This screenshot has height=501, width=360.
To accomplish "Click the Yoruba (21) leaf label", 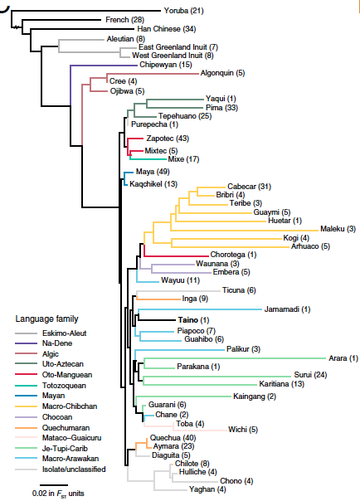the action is (x=183, y=11).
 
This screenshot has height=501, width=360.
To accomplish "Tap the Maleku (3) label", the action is (x=338, y=229).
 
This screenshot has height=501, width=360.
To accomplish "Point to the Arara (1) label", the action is (x=343, y=358).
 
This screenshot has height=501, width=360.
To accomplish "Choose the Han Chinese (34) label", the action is (x=167, y=29).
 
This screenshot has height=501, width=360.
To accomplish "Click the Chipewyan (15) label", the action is (x=166, y=65).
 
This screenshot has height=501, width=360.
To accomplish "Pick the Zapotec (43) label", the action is (x=168, y=139).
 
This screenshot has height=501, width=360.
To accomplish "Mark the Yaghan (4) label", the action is (x=207, y=489).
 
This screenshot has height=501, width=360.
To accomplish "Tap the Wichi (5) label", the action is (x=243, y=430).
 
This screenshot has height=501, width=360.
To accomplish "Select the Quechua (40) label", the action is (x=173, y=438).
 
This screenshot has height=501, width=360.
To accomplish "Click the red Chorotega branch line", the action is (x=176, y=256).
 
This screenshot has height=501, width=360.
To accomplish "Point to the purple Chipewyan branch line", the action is (x=104, y=66).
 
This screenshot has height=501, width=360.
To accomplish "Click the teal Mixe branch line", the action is (x=148, y=158).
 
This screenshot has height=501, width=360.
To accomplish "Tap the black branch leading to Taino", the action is (x=157, y=320).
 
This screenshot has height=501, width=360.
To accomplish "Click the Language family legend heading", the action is (x=46, y=319).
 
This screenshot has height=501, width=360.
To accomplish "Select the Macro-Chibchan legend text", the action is (x=70, y=406).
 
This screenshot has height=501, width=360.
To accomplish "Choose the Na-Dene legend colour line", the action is (x=26, y=343).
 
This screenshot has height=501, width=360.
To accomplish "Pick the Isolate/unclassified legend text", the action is (x=74, y=469).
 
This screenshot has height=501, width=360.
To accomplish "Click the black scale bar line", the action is (x=54, y=485).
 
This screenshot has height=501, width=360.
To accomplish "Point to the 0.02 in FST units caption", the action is (x=58, y=494).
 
